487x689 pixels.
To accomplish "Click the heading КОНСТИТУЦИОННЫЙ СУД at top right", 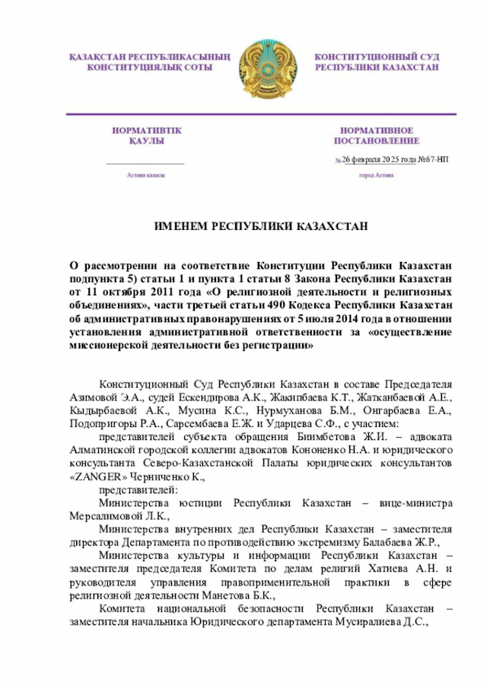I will coord(377,57).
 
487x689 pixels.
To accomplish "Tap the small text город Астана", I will coord(376,175).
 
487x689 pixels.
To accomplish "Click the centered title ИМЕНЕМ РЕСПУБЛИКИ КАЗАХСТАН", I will coord(261,227).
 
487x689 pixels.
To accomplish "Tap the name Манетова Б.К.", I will coord(238,596).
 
